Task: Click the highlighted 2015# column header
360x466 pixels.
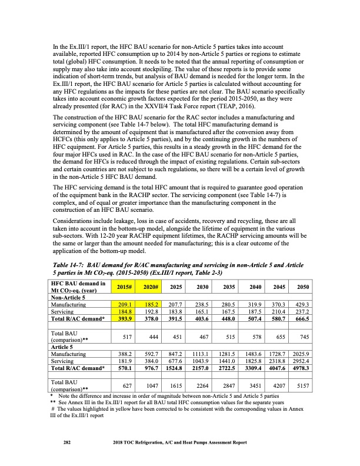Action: (x=123, y=287)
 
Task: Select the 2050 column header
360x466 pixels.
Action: (x=303, y=287)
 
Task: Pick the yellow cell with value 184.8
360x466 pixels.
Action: (x=123, y=312)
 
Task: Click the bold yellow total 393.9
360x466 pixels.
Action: (x=123, y=319)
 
